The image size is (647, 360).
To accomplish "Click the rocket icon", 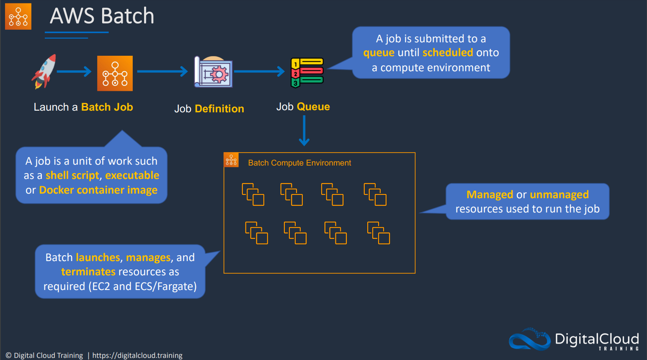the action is (44, 71).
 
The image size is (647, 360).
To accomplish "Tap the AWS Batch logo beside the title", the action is (18, 16).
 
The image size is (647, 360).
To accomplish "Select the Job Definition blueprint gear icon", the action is (214, 72).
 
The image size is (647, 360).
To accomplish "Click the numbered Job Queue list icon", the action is (307, 72).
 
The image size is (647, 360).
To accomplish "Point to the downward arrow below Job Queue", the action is (304, 131).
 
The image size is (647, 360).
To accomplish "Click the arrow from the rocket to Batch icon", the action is (74, 71).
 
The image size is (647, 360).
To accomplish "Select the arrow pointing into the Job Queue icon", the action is (259, 71).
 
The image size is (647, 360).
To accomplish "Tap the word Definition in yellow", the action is (219, 109).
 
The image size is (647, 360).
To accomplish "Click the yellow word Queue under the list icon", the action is (313, 107).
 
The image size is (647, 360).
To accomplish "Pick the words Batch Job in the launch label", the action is (107, 107).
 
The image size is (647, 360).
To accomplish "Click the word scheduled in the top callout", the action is (448, 53).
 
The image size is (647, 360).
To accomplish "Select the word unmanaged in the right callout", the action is (559, 194).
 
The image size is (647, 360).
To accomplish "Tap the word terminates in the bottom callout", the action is (88, 272).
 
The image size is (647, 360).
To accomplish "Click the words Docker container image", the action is (98, 190).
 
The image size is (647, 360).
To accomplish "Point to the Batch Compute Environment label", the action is (299, 163).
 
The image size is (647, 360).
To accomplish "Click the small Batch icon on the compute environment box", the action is (231, 160).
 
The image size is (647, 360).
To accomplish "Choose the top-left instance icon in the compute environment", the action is (253, 194).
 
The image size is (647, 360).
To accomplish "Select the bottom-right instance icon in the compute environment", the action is (379, 233).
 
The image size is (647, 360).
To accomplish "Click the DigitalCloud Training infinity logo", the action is (529, 339).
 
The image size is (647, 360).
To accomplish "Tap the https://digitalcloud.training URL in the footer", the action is (137, 355).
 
